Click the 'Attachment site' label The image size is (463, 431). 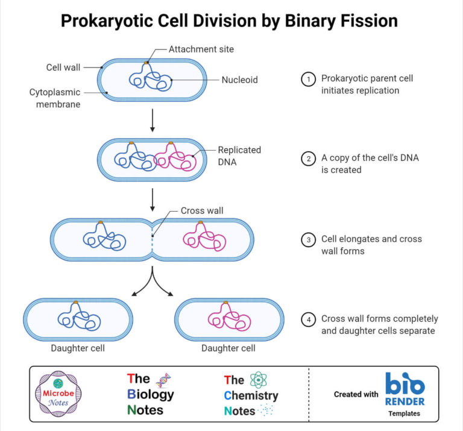tap(201, 49)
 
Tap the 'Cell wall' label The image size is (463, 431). tap(63, 67)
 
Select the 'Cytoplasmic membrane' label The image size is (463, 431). tap(54, 98)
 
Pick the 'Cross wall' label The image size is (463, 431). tap(202, 211)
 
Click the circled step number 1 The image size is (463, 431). tap(309, 79)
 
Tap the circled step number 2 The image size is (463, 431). tap(309, 159)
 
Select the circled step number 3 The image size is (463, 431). tap(309, 239)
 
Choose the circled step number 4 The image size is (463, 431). tap(309, 319)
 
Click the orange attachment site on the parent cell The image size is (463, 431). tap(146, 62)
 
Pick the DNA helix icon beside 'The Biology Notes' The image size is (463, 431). tap(163, 380)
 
